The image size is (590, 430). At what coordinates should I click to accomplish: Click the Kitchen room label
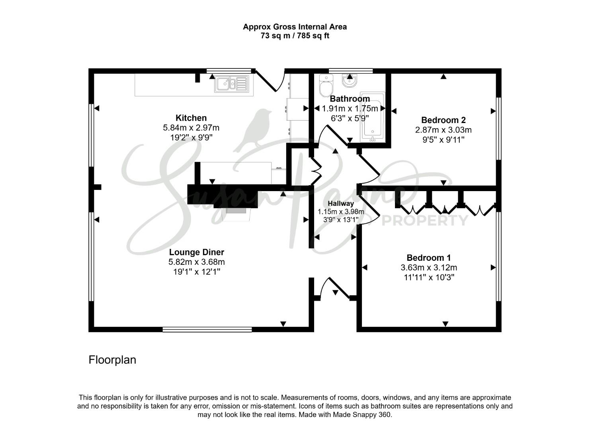tap(191, 118)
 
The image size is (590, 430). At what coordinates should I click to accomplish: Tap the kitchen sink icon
tap(231, 84)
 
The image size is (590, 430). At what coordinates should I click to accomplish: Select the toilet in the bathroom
tap(326, 84)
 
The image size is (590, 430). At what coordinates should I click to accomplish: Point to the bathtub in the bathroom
tap(372, 117)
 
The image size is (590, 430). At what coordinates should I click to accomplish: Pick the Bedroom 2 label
tap(443, 120)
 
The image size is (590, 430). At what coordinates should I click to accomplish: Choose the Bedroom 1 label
tap(428, 258)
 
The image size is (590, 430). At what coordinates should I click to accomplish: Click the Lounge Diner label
tap(196, 252)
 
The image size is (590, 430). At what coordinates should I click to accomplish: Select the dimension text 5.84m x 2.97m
tap(191, 128)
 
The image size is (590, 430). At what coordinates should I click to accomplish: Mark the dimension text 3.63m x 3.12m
tap(428, 268)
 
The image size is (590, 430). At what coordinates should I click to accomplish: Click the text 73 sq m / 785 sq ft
tap(295, 36)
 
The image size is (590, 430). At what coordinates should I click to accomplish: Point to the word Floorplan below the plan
tap(112, 360)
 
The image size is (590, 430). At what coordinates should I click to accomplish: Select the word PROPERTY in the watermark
tap(425, 220)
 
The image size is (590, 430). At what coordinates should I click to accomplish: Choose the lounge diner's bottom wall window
tap(207, 329)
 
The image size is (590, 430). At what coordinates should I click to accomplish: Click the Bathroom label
tap(350, 99)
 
